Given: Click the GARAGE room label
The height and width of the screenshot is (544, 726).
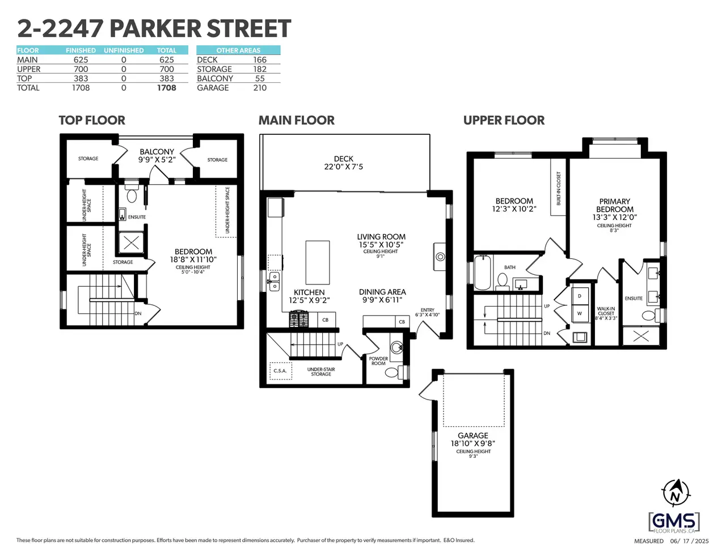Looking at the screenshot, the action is pos(472,435).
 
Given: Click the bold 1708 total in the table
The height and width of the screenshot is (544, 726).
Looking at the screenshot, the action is pos(167,88).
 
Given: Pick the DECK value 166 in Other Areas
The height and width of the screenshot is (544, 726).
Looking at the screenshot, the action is pos(260,60).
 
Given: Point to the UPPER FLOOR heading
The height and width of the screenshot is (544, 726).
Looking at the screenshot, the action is pos(504,120).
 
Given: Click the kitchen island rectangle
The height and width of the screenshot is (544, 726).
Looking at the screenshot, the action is pos(318,262).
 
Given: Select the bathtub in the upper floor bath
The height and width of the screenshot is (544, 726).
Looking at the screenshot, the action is pos(482,273).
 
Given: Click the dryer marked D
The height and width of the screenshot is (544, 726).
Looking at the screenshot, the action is pos(580,296).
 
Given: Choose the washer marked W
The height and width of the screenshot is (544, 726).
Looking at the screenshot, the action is pos(580,313).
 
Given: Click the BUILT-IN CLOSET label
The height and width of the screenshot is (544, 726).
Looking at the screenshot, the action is pos(559,188).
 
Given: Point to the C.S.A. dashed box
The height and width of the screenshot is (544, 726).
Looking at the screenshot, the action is pos(281,371).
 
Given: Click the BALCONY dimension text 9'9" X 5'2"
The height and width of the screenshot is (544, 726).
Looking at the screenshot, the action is pos(157,160).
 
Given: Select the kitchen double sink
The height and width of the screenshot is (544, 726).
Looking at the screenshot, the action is pos(274,282).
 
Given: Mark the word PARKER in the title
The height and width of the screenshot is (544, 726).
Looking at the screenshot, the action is pos(155,28).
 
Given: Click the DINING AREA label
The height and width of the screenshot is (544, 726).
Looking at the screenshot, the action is pos(382,292).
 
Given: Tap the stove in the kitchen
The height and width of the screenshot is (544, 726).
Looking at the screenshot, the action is pos(299,319).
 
